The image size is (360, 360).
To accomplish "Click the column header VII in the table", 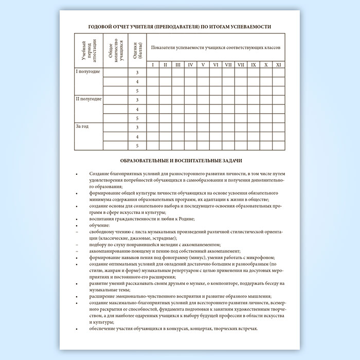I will pos(228,64).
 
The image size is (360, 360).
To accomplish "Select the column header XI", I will pos(278,64).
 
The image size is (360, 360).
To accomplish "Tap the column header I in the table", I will pos(153,64).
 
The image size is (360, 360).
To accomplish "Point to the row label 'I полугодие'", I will pos(88,71).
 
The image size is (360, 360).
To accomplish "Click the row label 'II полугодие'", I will pos(88,98).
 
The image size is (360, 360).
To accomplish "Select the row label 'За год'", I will pos(82,126).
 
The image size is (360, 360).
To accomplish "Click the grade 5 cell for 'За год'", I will pos(137,146).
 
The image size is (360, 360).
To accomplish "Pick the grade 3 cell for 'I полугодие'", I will pos(137,73).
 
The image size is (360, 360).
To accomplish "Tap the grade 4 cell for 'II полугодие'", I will pos(137,110).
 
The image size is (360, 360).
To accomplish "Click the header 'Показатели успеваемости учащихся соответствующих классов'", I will pos(215,47).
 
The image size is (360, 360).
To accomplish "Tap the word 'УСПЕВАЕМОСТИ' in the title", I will pos(249,26).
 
